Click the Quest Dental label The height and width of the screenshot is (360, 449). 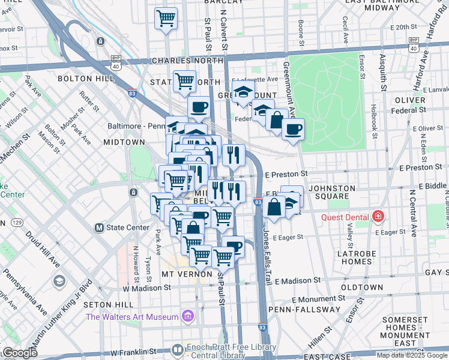point(346,217)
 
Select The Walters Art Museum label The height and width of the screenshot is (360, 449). point(132,317)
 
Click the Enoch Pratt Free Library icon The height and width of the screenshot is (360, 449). point(178,349)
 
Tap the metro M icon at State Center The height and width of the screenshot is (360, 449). point(100,228)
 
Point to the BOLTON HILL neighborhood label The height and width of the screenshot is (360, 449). point(85,79)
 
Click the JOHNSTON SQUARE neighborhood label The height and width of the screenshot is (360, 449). point(328,192)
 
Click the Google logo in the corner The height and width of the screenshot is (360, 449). point(19,353)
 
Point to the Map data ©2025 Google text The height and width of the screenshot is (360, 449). point(412,355)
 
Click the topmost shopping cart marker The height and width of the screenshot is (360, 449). point(166,18)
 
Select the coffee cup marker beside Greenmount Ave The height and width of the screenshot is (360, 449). point(293,130)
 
